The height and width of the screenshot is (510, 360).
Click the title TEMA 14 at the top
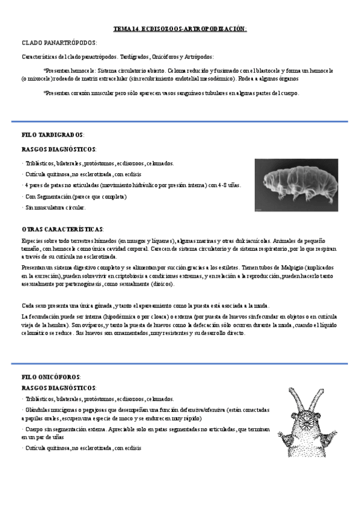coord(180,29)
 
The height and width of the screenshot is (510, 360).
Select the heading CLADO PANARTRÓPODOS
coord(59,43)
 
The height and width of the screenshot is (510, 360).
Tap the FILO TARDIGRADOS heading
coord(52,135)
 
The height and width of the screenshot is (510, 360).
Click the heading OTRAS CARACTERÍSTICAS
coord(62,229)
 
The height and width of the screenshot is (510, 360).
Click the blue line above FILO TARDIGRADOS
coord(180,121)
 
